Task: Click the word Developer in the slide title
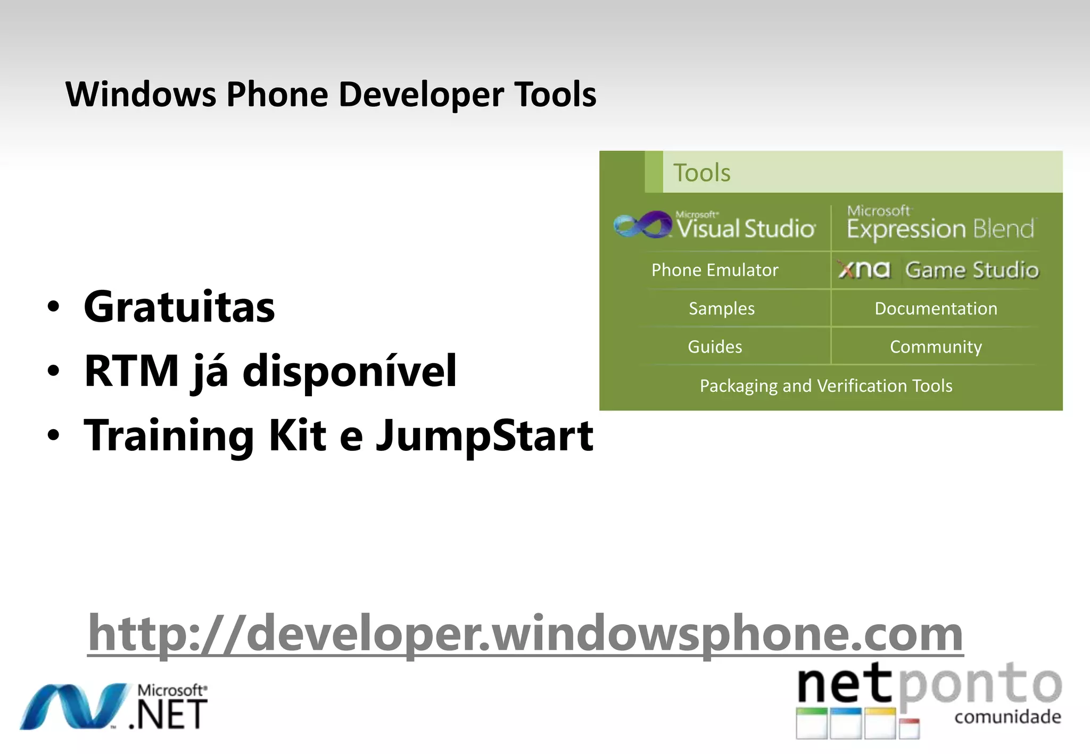click(x=421, y=95)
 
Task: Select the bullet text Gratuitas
click(x=179, y=307)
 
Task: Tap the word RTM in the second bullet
click(x=131, y=371)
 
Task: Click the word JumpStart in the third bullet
click(x=484, y=435)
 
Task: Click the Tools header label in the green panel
click(x=701, y=173)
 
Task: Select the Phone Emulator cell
click(x=715, y=270)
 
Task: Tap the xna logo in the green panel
click(x=863, y=270)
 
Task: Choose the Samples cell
click(x=721, y=308)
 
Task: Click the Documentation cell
click(x=936, y=308)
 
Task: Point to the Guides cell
click(x=715, y=347)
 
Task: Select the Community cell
click(x=936, y=347)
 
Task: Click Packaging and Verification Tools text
click(x=826, y=386)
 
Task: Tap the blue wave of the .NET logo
click(x=75, y=706)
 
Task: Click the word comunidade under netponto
click(x=1008, y=717)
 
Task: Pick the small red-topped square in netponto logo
click(x=910, y=728)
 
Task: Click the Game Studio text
click(x=972, y=270)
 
